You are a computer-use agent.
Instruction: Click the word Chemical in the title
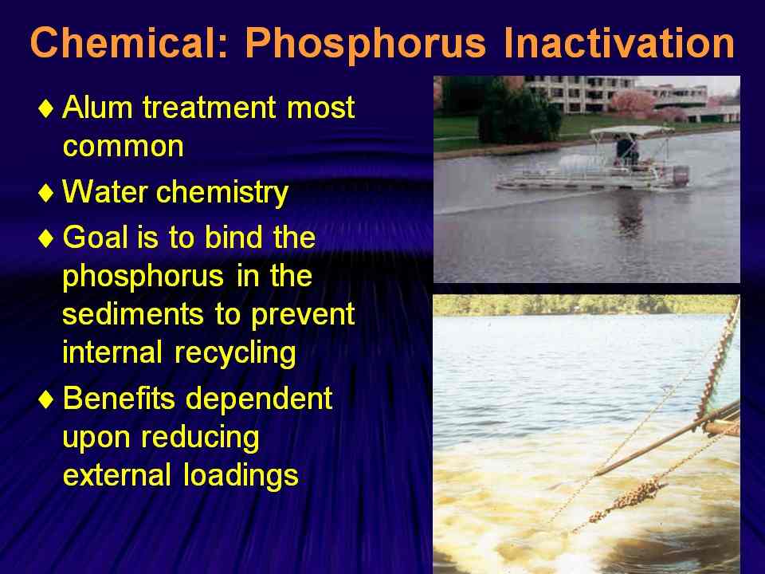click(x=128, y=42)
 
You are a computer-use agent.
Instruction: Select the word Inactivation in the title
click(x=619, y=42)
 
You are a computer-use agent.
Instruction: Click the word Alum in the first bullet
click(x=97, y=107)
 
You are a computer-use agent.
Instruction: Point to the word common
click(x=124, y=147)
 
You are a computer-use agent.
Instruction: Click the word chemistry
click(x=222, y=193)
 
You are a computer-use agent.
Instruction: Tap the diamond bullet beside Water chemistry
click(x=46, y=193)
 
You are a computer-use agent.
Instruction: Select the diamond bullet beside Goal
click(x=46, y=238)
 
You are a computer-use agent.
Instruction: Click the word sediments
click(x=133, y=314)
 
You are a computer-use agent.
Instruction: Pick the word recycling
click(x=235, y=353)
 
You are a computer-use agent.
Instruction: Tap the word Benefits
click(x=119, y=398)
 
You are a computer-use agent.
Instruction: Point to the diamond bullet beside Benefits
click(x=46, y=399)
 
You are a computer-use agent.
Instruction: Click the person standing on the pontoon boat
click(x=626, y=150)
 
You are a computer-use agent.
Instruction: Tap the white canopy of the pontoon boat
click(x=631, y=132)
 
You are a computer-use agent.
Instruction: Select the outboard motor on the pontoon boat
click(x=680, y=175)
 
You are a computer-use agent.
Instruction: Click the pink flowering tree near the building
click(x=633, y=103)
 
